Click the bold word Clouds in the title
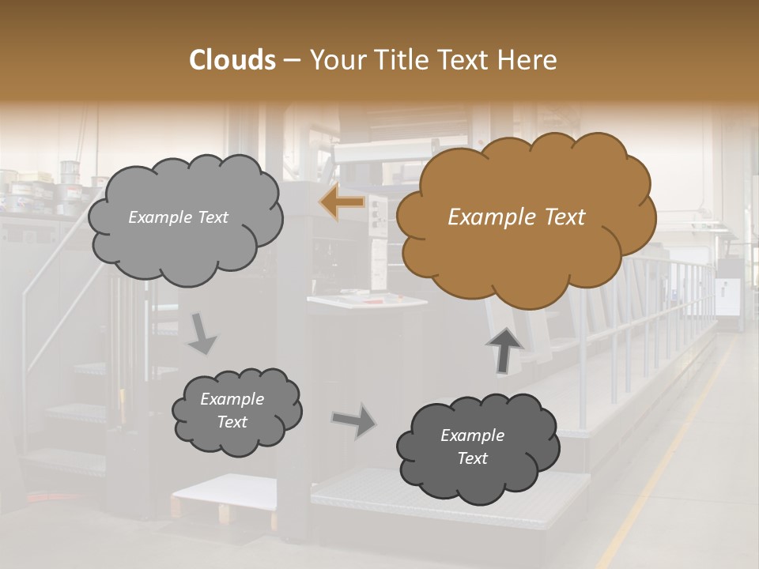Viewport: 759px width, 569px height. pos(232,60)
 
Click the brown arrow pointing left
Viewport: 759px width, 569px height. pos(342,203)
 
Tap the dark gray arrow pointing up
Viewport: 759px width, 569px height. pos(504,349)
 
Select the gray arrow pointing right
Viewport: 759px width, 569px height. pos(354,420)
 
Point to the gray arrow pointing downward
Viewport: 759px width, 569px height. pos(202,333)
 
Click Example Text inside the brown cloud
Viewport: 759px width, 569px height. pos(516,217)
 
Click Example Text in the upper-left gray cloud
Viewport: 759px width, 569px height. pos(178,217)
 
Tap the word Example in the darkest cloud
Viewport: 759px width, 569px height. pos(472,435)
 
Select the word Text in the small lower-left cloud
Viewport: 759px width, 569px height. pos(232,422)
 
